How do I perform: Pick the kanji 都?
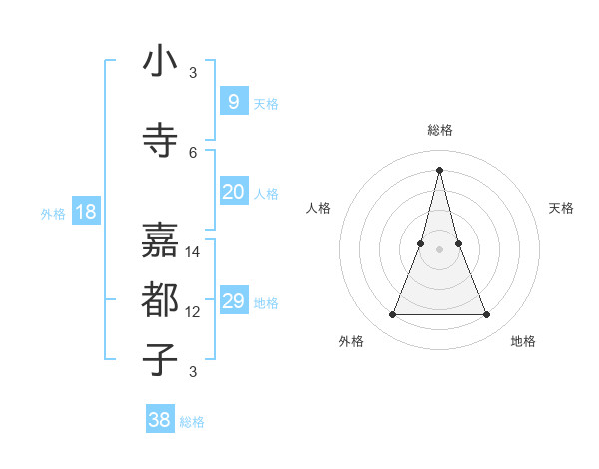(160, 299)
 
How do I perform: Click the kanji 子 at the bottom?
(160, 359)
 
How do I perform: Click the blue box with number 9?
(233, 101)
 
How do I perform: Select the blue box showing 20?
(233, 192)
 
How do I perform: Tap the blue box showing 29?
(233, 301)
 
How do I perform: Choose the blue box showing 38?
(160, 420)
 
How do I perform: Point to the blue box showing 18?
(86, 212)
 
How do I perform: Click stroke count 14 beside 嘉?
(194, 252)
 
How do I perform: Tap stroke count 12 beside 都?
(194, 312)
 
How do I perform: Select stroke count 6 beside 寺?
(193, 152)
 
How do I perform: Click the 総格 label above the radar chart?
(440, 130)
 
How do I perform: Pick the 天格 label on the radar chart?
(561, 208)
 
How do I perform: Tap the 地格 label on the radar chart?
(523, 341)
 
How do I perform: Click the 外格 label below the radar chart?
(351, 341)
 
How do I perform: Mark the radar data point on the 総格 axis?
(439, 170)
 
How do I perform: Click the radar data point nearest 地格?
(486, 315)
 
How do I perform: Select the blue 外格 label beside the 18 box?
(52, 213)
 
